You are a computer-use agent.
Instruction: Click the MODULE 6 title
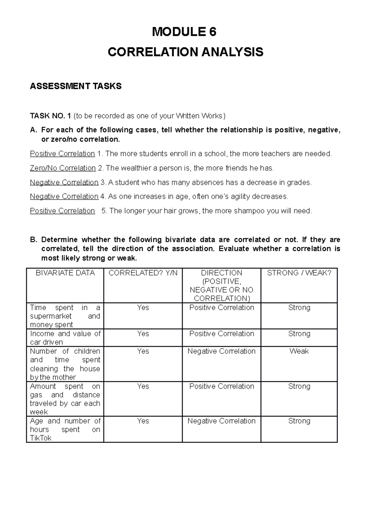pos(184,32)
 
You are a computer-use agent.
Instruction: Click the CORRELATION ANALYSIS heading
pos(185,52)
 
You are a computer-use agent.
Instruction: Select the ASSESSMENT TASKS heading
pos(75,86)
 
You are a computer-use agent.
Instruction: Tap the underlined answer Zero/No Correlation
pos(63,168)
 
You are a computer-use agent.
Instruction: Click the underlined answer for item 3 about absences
pos(64,182)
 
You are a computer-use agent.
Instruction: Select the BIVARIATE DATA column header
pos(65,273)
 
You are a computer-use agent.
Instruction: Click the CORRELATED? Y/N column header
pos(143,273)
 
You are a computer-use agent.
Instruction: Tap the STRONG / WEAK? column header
pos(299,273)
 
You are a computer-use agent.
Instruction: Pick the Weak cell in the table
pos(299,351)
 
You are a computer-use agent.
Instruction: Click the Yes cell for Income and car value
pos(143,334)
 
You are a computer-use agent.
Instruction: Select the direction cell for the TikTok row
pos(221,421)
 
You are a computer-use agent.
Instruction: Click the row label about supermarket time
pos(65,316)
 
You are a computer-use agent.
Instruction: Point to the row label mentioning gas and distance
pos(65,399)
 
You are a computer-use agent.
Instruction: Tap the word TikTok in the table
pos(41,438)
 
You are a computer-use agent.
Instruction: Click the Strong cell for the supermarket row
pos(299,308)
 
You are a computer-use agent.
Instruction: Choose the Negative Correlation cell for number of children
pos(221,351)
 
